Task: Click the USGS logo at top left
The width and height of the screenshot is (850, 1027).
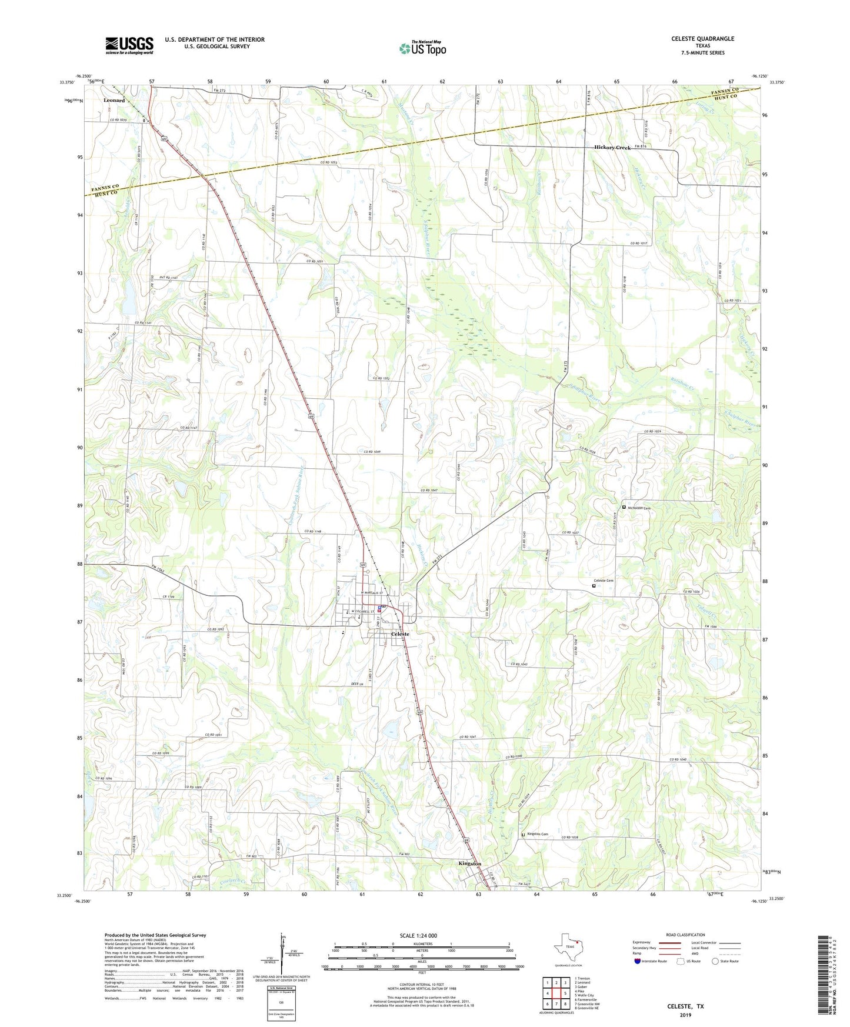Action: click(x=129, y=45)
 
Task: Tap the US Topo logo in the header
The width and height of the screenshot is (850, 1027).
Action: click(x=422, y=48)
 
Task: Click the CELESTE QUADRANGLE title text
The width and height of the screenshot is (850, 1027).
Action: click(x=702, y=39)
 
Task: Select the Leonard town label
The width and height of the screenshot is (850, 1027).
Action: click(x=114, y=101)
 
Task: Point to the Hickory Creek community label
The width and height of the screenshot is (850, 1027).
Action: click(x=612, y=148)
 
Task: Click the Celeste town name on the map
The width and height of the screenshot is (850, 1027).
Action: click(x=400, y=634)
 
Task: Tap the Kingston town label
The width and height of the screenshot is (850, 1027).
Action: click(x=469, y=863)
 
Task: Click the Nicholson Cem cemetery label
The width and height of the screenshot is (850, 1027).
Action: click(x=639, y=508)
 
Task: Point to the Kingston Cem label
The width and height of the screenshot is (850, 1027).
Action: click(x=537, y=834)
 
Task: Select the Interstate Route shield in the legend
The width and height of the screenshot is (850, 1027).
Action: click(x=638, y=962)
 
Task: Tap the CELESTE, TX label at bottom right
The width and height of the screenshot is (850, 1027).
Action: click(x=685, y=1006)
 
